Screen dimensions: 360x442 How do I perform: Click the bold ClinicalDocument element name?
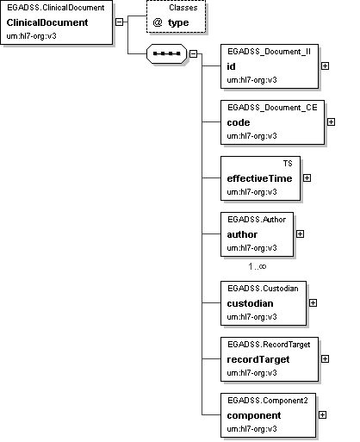coord(47,22)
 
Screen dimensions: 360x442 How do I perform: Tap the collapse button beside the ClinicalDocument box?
coord(119,22)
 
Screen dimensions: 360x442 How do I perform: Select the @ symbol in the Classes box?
coord(158,22)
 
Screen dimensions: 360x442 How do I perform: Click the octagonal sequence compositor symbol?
coord(166,53)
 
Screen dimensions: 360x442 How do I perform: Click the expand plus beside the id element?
coord(325,66)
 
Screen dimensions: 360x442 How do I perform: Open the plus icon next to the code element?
coord(331,122)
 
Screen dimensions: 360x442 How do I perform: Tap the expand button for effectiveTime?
coord(307,178)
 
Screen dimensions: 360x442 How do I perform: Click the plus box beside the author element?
coord(300,234)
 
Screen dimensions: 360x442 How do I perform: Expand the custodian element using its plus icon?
coord(313,303)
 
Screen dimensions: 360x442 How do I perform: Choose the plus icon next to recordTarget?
coord(325,359)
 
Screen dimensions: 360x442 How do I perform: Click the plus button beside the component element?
coord(322,415)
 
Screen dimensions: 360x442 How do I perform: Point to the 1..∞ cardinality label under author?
coord(258,266)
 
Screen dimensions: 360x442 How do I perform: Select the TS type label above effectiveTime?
coord(288,164)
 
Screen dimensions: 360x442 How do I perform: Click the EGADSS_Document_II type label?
coord(269,52)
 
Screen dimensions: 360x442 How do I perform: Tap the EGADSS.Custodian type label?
coord(263,289)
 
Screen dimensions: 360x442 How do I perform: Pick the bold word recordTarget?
coord(258,359)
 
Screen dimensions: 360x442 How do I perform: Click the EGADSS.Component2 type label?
coord(268,401)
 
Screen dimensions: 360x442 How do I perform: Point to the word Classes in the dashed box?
coord(183,8)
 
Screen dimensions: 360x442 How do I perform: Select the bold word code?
coord(239,122)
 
